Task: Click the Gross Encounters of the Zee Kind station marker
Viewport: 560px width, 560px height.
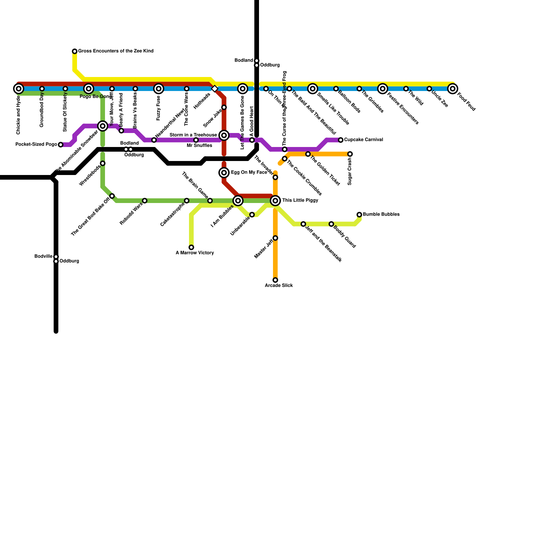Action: pos(75,51)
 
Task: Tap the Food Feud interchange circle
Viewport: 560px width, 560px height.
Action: pos(453,89)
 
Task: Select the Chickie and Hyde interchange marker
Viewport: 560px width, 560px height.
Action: pos(19,89)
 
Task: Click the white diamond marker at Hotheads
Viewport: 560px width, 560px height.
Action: pos(215,89)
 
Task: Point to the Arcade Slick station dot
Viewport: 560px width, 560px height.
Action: pos(275,280)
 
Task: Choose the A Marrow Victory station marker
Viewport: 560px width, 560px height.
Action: pos(191,247)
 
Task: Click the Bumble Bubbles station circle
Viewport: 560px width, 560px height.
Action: pos(359,215)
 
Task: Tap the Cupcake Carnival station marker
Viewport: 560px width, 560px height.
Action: pos(341,140)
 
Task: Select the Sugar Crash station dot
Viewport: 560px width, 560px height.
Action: pos(350,154)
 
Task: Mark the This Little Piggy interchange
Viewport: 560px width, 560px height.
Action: pos(275,201)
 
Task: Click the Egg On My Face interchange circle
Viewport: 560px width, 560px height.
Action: pos(224,173)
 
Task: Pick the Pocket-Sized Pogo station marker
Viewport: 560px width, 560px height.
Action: pos(61,145)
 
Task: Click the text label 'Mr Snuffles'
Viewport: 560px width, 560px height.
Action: pos(199,146)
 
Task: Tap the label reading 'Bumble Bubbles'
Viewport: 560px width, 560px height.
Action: pos(381,214)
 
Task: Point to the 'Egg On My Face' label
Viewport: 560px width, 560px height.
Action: pos(249,173)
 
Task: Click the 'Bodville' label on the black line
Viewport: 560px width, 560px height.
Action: pos(43,257)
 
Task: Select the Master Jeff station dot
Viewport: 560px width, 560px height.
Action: pos(275,238)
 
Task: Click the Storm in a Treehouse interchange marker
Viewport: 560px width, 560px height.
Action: pos(224,135)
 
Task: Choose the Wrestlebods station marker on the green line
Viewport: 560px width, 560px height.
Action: pos(103,163)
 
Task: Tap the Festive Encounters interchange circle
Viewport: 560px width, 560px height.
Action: pos(383,89)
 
